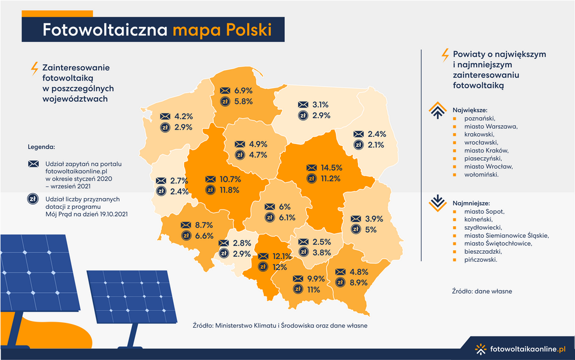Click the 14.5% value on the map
click(x=332, y=167)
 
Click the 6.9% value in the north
click(x=243, y=90)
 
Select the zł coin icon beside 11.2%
click(x=311, y=178)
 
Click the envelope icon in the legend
click(x=33, y=164)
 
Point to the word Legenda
click(x=41, y=146)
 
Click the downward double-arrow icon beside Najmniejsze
click(x=436, y=201)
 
